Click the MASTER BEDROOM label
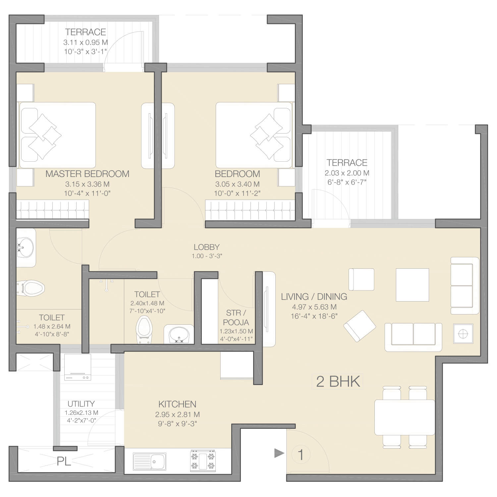point(87,174)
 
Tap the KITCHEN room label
point(177,404)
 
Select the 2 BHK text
point(338,381)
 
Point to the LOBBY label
point(207,247)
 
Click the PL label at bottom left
point(64,461)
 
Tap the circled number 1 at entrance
point(301,455)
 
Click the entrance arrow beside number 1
point(279,453)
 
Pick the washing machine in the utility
point(78,367)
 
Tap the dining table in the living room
point(405,417)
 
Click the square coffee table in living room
point(413,285)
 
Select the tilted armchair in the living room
point(360,326)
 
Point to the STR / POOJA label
point(236,317)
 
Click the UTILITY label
point(81,404)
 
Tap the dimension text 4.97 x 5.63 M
point(314,307)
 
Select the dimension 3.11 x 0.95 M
point(85,43)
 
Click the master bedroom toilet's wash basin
point(26,247)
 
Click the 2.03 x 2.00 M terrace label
point(347,173)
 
